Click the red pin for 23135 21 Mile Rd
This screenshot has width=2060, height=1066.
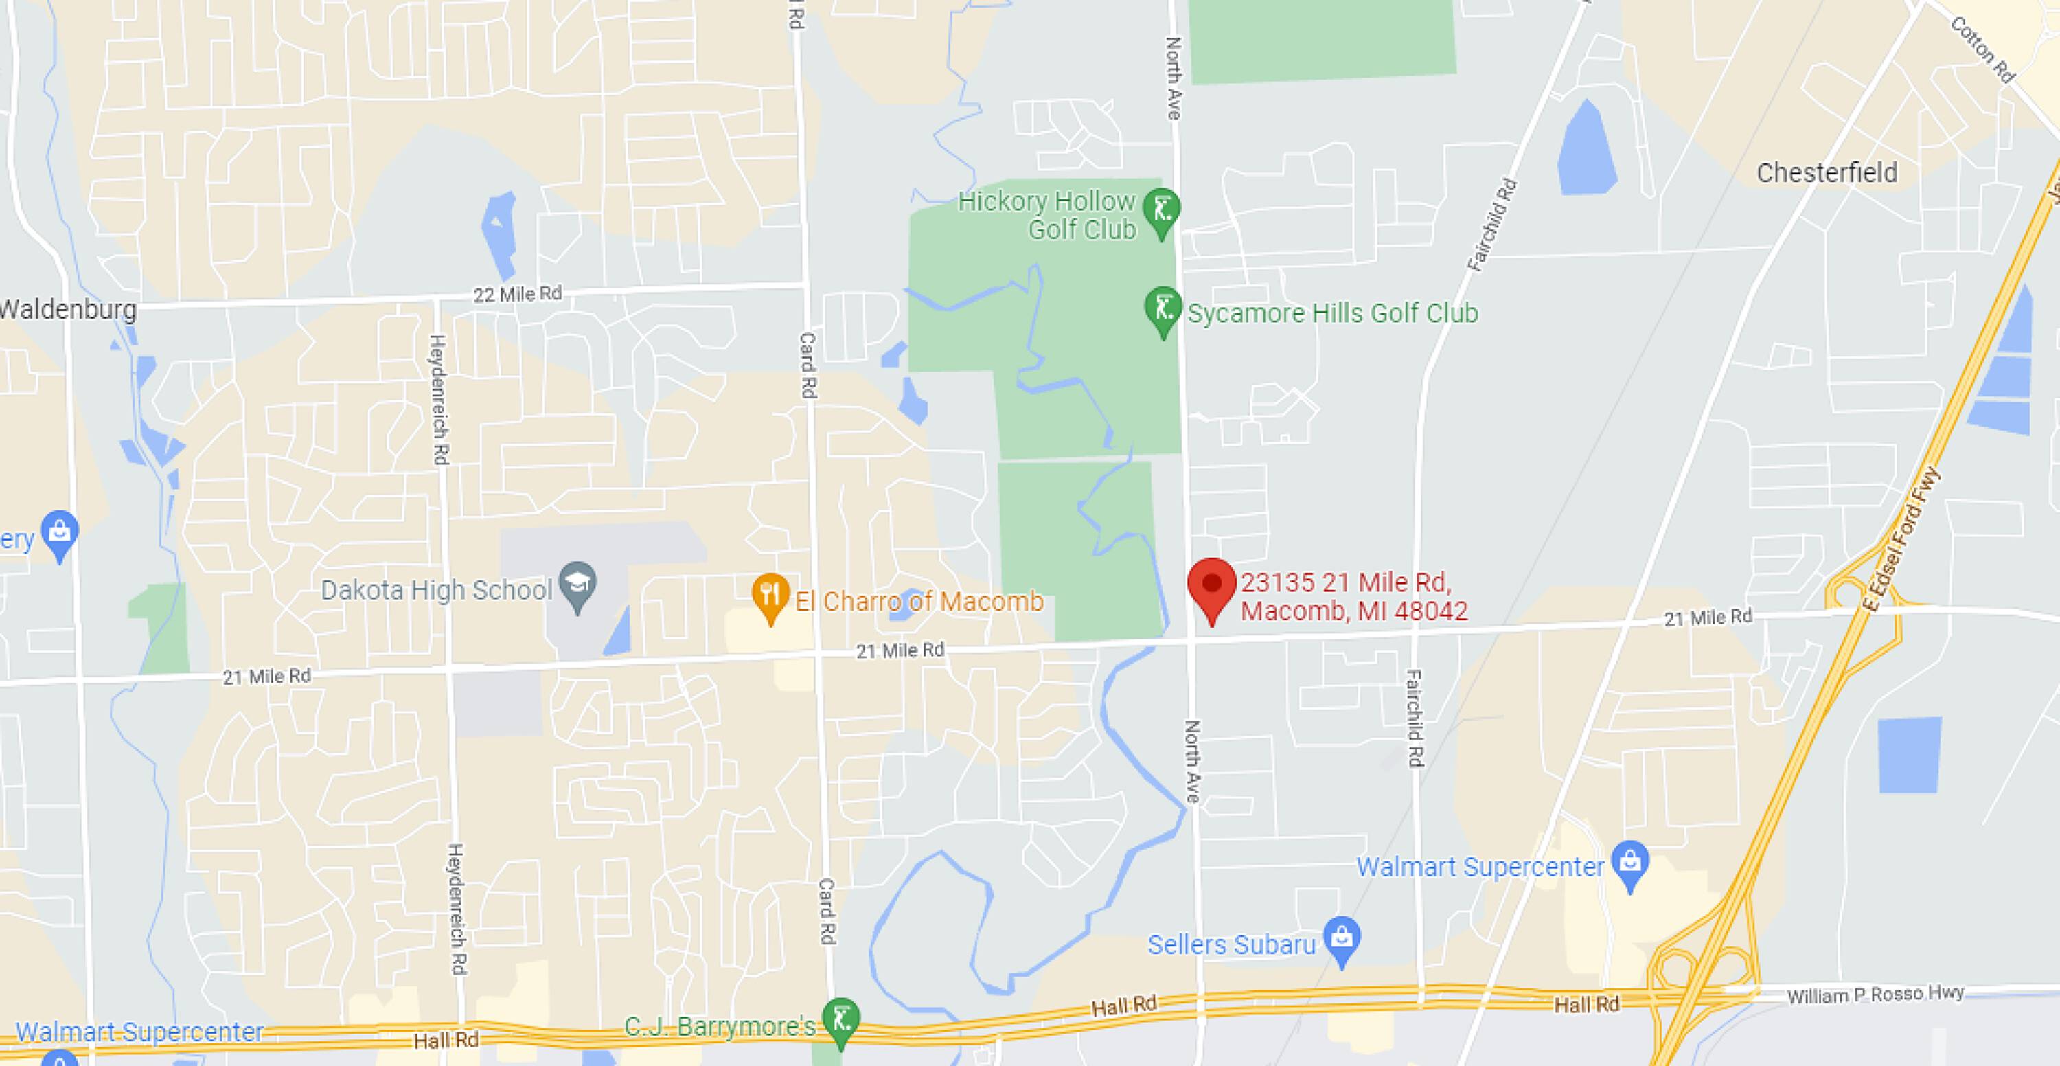click(1211, 586)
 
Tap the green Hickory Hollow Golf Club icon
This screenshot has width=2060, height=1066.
click(1161, 210)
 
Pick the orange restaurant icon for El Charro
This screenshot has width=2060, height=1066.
click(770, 596)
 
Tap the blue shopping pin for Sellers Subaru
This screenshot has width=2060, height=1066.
click(1342, 938)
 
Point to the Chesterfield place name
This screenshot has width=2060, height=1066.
click(1827, 172)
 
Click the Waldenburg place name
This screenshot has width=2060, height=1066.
click(69, 310)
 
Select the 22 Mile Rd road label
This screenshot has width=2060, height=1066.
click(517, 294)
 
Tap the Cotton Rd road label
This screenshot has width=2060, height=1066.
click(1983, 49)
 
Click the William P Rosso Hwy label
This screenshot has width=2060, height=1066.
click(1875, 995)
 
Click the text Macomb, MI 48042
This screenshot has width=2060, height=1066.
click(1354, 612)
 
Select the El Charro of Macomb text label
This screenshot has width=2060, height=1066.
click(919, 602)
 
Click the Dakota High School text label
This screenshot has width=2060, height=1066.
click(437, 590)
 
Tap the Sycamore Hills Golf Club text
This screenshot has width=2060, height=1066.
click(1332, 313)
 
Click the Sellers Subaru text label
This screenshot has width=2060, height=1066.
click(1231, 945)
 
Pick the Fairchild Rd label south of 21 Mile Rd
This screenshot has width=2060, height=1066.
click(1414, 718)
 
